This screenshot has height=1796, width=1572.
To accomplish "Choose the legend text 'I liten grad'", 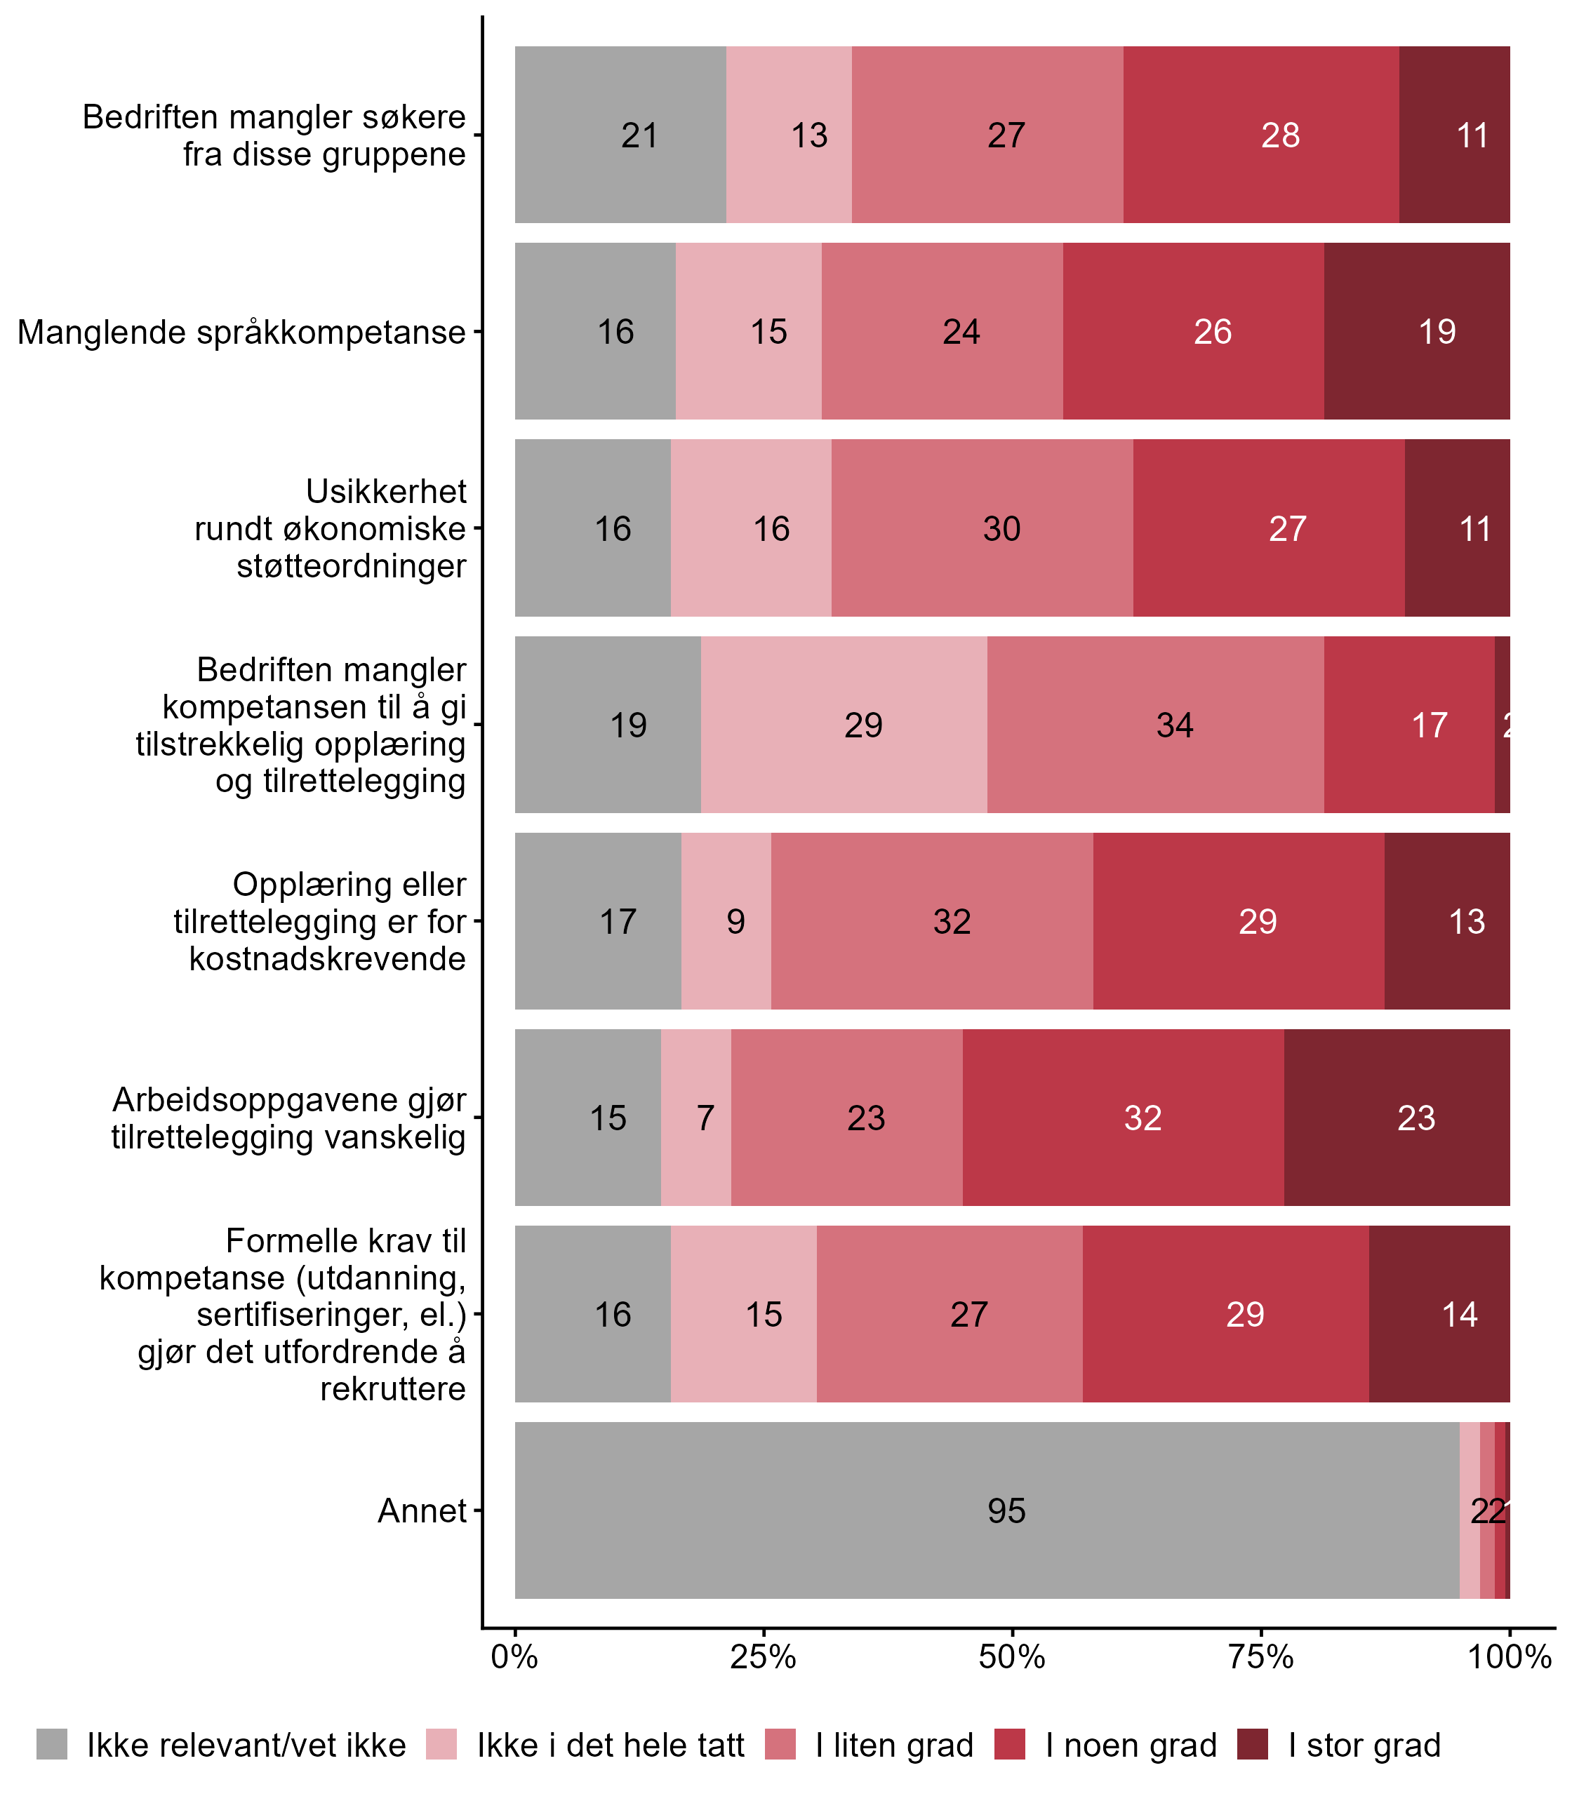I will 894,1745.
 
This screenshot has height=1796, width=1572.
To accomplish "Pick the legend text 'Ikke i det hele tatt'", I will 610,1745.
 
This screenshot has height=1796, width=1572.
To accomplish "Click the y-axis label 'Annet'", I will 422,1511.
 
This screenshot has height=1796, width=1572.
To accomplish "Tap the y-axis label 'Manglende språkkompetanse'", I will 241,333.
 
